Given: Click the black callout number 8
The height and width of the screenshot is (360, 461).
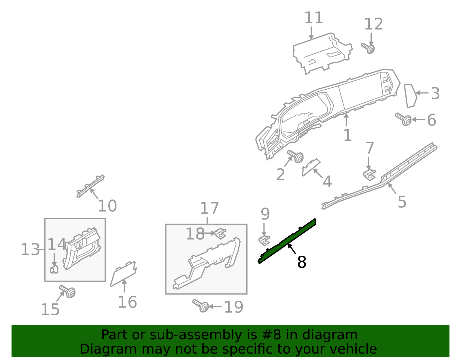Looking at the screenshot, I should pos(302,262).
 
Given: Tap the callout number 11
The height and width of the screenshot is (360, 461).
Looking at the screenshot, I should pos(313,18).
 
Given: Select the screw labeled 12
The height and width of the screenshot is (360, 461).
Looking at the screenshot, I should pos(368,48).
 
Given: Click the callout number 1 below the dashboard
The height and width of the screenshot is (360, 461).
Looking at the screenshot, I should pos(347,135).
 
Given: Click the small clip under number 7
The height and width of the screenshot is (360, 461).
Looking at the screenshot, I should pos(369,175).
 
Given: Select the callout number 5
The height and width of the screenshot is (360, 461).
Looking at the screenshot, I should pos(402,201).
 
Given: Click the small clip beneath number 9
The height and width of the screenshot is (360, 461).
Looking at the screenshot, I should pos(264,240).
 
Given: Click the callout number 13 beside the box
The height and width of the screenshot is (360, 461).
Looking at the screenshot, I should pos(30,249).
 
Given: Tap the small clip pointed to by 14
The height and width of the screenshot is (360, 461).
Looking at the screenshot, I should pos(54,269).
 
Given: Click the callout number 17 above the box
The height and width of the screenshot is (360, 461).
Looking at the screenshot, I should pos(209,208).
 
